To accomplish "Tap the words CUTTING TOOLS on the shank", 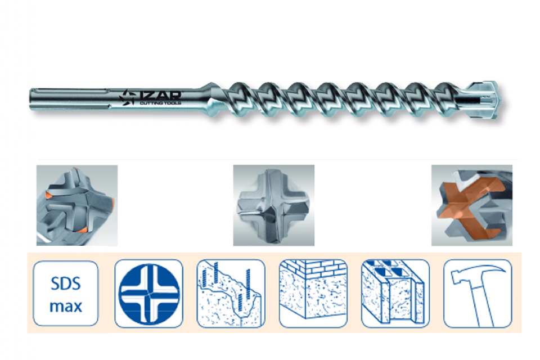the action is click(160, 103).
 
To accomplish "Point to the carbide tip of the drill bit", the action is click(486, 100).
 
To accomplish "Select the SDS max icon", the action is click(65, 294).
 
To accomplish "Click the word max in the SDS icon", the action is click(66, 306).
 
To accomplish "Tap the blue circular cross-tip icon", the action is click(148, 294).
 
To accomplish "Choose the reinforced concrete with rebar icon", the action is click(231, 294).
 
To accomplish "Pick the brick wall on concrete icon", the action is click(313, 294).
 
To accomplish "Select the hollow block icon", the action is click(395, 294).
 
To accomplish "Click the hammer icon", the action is click(478, 294).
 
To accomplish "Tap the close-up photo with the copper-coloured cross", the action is click(472, 205).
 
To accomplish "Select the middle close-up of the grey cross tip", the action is click(274, 205).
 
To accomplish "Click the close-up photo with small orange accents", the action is click(77, 205).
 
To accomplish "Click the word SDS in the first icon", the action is click(65, 284).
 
